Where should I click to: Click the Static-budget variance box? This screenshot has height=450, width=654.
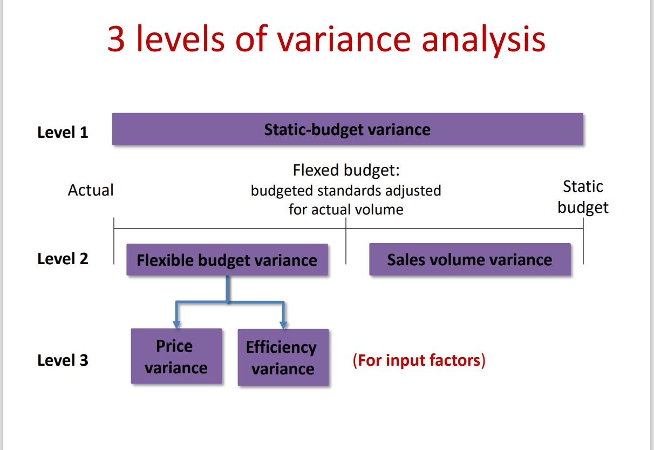[x=347, y=130]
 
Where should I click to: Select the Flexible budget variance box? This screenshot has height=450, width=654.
[x=227, y=260]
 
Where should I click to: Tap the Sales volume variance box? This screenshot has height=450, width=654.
[x=469, y=260]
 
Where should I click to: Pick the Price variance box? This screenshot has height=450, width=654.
[x=176, y=357]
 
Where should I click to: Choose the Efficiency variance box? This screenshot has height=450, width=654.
[x=283, y=358]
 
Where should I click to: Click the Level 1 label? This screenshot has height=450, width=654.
[x=63, y=132]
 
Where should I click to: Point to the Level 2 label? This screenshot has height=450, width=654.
[x=63, y=259]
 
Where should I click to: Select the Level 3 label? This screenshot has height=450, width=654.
[x=63, y=360]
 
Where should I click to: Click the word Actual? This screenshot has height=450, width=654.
[x=91, y=190]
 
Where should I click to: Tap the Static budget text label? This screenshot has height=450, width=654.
[x=583, y=197]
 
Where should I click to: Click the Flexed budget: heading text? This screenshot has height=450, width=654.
[x=346, y=171]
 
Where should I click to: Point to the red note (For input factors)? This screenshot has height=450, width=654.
[x=419, y=360]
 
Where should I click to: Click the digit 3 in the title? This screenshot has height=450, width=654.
[x=117, y=39]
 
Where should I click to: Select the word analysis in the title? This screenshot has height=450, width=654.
[x=483, y=39]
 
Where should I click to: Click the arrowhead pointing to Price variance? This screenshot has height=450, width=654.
[x=176, y=324]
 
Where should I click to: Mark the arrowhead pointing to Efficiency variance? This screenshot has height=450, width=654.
[x=283, y=325]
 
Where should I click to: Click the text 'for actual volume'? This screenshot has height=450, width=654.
[x=346, y=210]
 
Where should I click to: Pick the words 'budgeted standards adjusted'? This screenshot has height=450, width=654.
[x=346, y=191]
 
